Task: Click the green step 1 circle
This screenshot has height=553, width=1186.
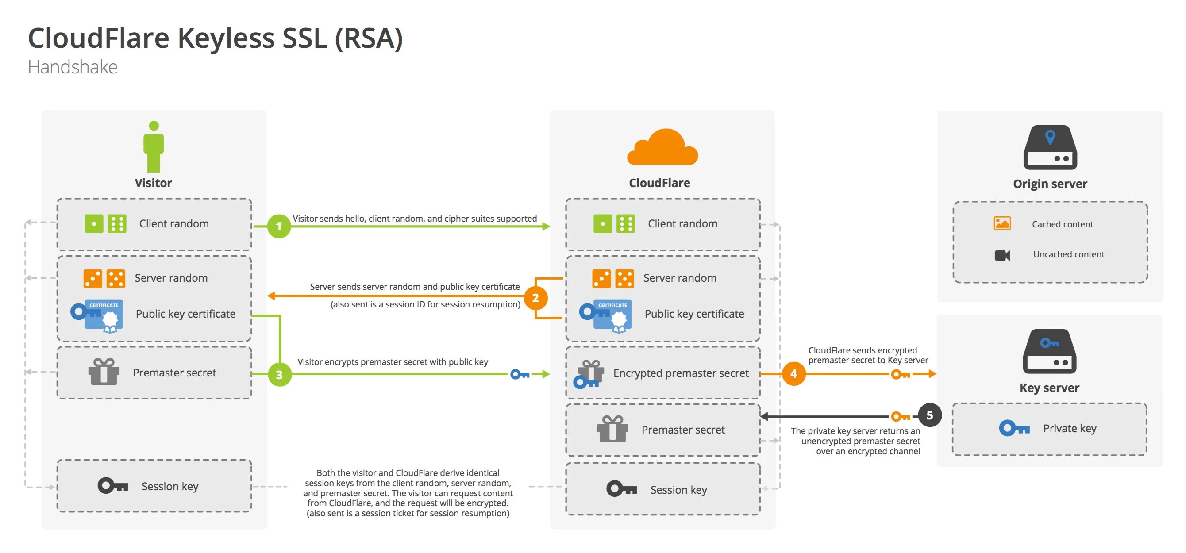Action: click(x=278, y=226)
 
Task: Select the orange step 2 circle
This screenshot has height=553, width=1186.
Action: click(x=535, y=298)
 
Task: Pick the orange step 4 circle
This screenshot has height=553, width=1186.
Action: click(x=793, y=373)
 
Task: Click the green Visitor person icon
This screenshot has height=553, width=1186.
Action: click(x=154, y=146)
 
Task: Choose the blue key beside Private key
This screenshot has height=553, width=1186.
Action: click(x=1014, y=428)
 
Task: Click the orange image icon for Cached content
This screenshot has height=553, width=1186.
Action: click(x=1002, y=223)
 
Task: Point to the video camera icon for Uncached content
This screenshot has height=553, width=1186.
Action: click(x=1002, y=255)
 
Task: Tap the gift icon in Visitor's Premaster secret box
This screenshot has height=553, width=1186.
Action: click(x=104, y=372)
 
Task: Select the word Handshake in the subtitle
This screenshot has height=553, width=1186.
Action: click(x=73, y=67)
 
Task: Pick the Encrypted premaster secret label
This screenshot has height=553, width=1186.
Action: click(x=681, y=373)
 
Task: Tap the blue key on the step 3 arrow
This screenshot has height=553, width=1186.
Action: click(x=520, y=374)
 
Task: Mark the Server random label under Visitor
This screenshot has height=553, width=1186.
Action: click(x=171, y=278)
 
